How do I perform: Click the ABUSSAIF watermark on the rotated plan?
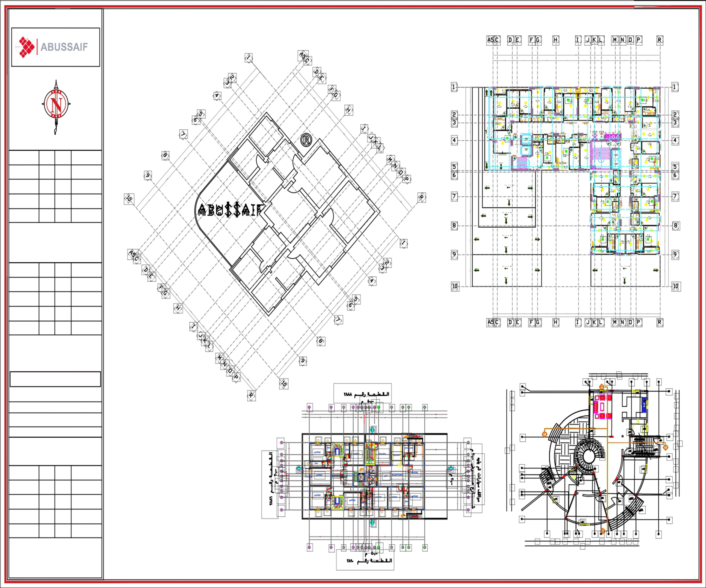(230, 210)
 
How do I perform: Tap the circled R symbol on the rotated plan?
(306, 140)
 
